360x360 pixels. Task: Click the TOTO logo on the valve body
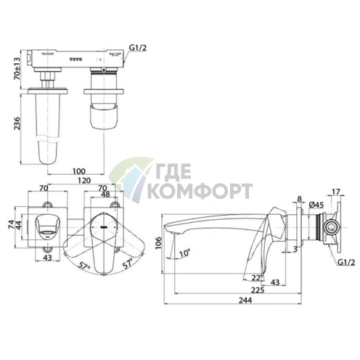click(x=76, y=60)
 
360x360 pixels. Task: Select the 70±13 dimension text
click(x=17, y=68)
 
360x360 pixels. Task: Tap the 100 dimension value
click(x=79, y=171)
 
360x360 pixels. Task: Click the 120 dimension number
click(x=84, y=180)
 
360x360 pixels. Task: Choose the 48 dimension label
click(x=105, y=194)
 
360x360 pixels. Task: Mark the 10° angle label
click(x=184, y=253)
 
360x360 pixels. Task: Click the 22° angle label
click(x=257, y=278)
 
